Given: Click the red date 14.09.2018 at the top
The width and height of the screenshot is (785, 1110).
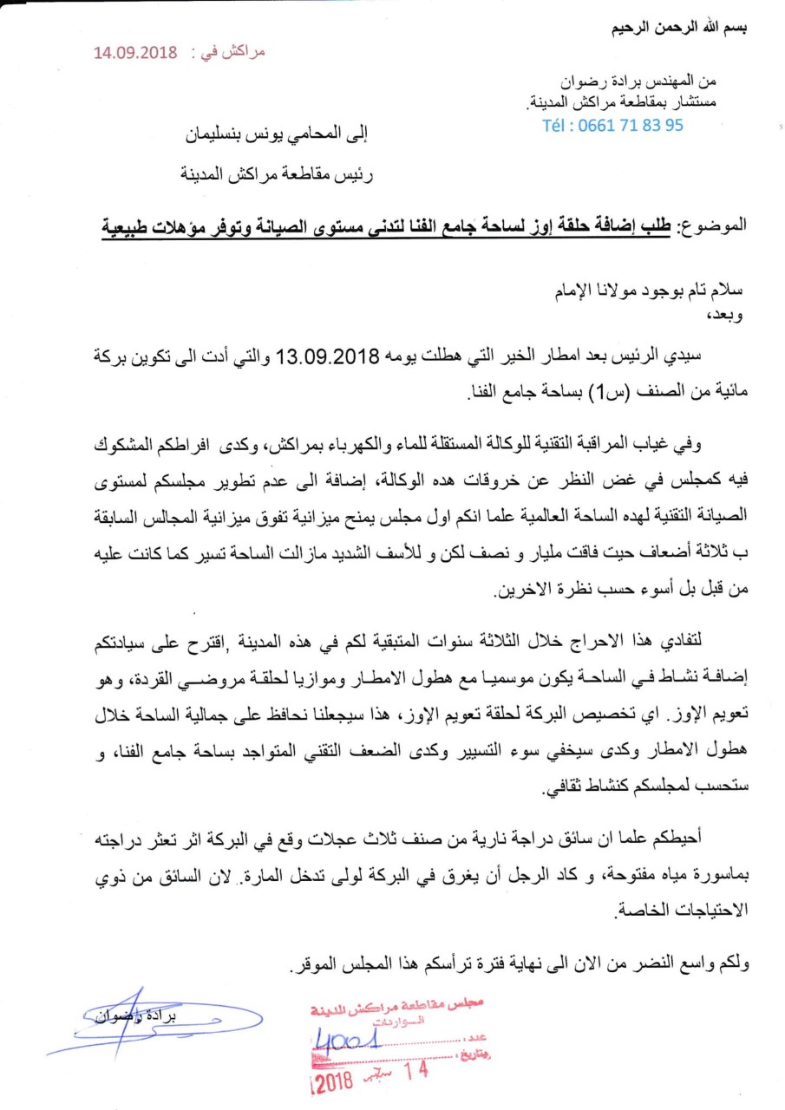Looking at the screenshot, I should click(135, 52).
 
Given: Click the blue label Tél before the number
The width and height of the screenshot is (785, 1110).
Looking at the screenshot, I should click(559, 125).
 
